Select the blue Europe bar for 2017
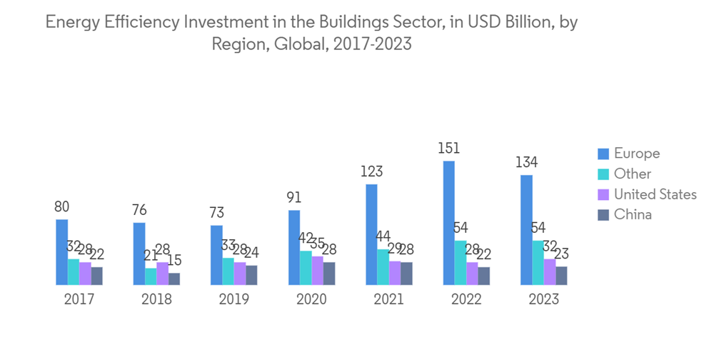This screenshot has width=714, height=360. (62, 252)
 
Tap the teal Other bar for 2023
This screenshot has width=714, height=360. (538, 263)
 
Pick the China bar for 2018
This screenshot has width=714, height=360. (174, 279)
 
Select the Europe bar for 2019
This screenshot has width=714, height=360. (216, 255)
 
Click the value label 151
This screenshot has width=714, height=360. (448, 149)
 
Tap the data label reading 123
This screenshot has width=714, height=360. (371, 171)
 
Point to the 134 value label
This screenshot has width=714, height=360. (526, 162)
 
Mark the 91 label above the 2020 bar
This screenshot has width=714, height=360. (293, 197)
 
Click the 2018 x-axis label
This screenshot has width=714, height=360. (156, 299)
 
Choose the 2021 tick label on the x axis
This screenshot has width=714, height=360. (388, 299)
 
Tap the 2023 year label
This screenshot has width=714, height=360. (543, 299)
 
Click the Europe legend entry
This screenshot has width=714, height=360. (637, 154)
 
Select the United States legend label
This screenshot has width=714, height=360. (655, 194)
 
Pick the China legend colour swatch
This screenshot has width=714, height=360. (603, 214)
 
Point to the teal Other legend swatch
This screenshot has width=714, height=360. (603, 174)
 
